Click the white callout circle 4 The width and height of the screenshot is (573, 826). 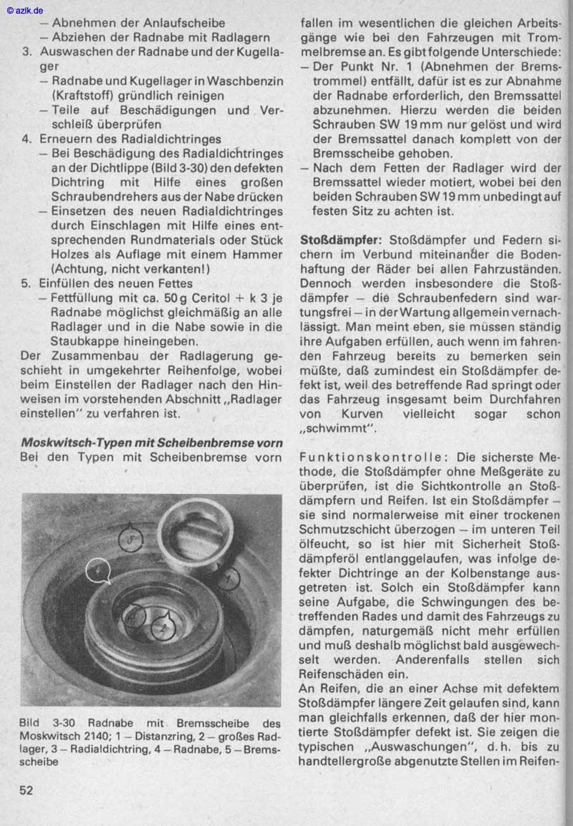pyautogui.click(x=97, y=571)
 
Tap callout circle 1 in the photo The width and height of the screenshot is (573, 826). pyautogui.click(x=229, y=578)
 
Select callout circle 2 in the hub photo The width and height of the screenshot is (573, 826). pyautogui.click(x=164, y=628)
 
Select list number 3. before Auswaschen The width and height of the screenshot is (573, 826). pyautogui.click(x=27, y=52)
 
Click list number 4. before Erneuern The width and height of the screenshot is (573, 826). pyautogui.click(x=27, y=139)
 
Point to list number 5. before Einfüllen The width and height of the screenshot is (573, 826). pyautogui.click(x=27, y=283)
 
